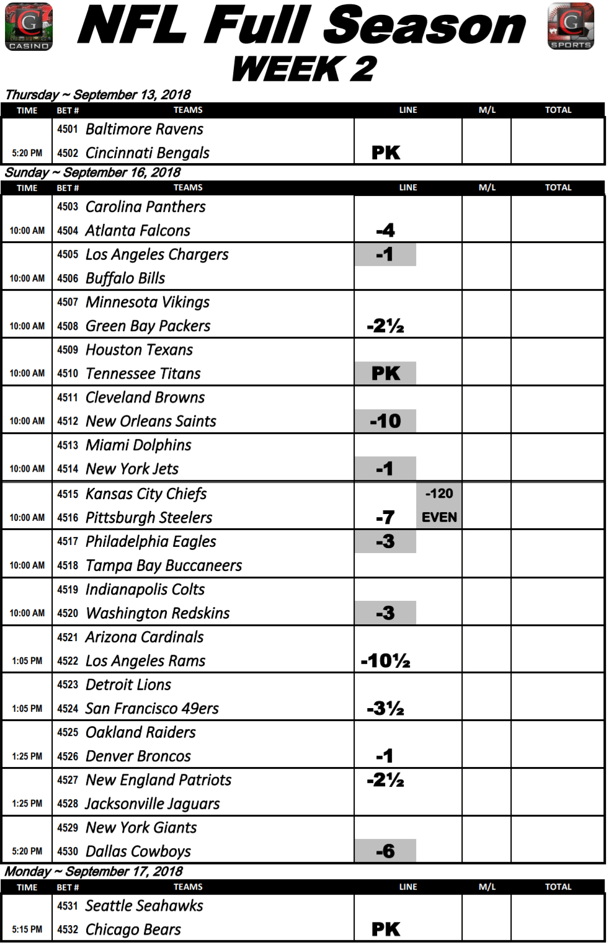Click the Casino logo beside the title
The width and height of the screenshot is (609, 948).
click(29, 27)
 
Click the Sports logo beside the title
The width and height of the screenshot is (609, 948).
click(571, 26)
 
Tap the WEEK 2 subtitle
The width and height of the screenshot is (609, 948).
click(304, 69)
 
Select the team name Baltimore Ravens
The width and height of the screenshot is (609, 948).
click(144, 129)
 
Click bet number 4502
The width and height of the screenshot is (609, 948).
click(68, 153)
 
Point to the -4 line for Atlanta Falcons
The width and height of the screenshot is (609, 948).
click(385, 231)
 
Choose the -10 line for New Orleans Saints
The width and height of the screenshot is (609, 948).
click(385, 421)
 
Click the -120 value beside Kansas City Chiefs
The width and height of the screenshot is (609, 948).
click(439, 494)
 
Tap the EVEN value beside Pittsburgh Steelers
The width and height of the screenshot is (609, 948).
click(439, 517)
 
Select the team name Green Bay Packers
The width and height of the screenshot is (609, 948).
click(148, 326)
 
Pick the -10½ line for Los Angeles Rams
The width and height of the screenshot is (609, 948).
click(385, 661)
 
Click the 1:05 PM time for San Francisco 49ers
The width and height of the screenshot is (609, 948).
click(27, 709)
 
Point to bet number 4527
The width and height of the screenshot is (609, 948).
click(68, 780)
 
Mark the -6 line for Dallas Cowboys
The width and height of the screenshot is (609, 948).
click(385, 851)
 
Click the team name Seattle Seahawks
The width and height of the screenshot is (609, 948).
click(144, 906)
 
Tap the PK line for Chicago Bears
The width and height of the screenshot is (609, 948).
click(385, 929)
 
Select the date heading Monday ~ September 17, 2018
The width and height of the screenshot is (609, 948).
click(94, 872)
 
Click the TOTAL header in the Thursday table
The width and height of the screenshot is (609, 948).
click(558, 110)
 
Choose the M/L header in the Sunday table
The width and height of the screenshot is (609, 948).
click(487, 187)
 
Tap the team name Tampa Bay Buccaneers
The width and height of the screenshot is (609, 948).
click(164, 565)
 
